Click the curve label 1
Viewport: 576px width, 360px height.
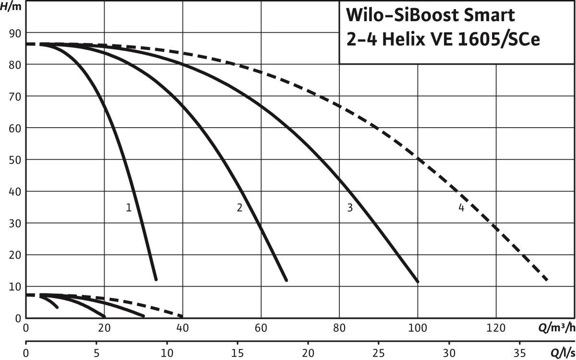129,208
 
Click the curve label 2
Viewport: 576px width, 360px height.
240,208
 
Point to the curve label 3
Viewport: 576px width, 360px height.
350,208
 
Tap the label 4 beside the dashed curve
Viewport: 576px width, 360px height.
461,208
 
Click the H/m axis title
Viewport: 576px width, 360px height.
13,8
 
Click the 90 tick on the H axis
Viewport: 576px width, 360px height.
15,33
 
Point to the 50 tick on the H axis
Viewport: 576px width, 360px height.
15,159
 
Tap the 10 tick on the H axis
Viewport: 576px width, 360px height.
15,287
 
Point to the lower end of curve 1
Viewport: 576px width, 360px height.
156,278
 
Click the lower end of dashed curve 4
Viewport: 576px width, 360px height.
546,279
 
